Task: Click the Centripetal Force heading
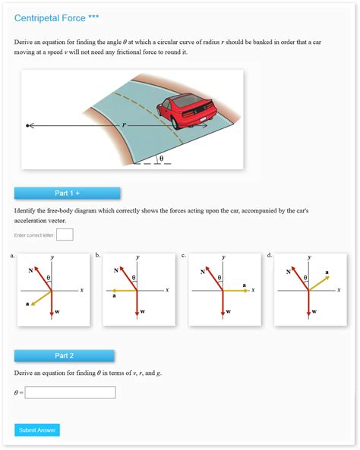click(56, 17)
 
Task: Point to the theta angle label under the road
click(159, 159)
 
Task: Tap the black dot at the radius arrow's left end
click(27, 126)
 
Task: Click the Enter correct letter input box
click(65, 234)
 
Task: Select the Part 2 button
click(65, 355)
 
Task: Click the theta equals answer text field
click(70, 392)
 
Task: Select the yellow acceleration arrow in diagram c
click(235, 291)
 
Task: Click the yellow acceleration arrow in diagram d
click(319, 283)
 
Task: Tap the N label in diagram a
click(30, 270)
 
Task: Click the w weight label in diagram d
click(314, 312)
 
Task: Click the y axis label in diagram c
click(223, 257)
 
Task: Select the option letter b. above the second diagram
click(98, 256)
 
